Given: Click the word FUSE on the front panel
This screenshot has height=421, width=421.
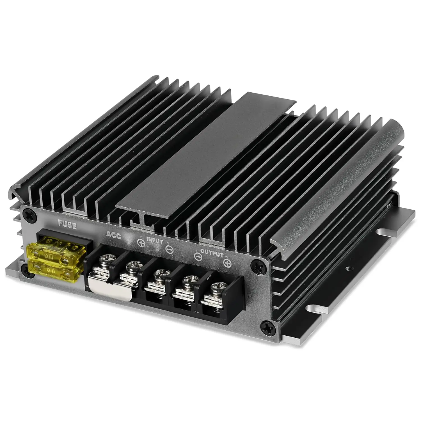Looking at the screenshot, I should (x=67, y=225).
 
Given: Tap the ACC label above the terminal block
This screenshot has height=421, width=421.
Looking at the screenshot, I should (x=113, y=235).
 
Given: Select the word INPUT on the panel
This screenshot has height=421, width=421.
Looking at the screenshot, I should (x=155, y=241).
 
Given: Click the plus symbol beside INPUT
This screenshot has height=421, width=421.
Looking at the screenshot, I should (x=141, y=243).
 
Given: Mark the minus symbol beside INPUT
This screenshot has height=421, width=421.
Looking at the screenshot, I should (x=169, y=249).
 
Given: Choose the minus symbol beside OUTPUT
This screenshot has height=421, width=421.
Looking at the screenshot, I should (x=198, y=256).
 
